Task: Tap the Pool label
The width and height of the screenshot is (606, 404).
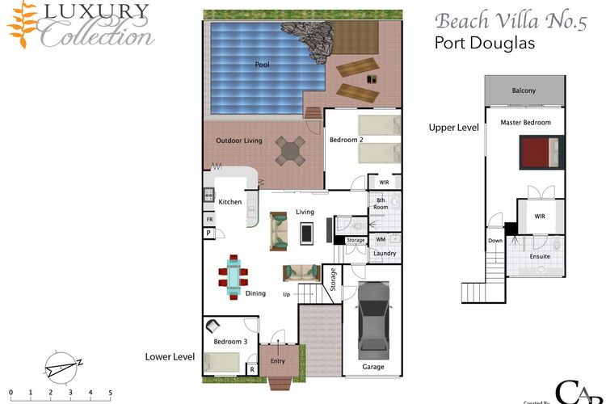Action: pos(263,65)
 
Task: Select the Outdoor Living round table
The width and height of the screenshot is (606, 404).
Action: pos(291,149)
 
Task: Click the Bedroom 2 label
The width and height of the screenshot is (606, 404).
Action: pos(346,141)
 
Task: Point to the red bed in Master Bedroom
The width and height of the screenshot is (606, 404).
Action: pos(538,151)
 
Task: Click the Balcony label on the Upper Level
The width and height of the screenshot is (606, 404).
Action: pos(524,90)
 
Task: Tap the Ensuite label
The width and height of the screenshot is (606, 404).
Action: pos(539,256)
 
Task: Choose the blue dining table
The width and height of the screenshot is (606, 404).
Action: pos(234,272)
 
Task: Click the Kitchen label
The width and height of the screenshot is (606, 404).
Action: pos(229,201)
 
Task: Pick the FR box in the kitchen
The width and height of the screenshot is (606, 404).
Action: pos(209,219)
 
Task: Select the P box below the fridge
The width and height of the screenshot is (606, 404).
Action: pos(208,233)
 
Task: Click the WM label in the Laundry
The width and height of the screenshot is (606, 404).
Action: pos(381,239)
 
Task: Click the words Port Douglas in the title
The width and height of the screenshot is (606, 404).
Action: pos(485,44)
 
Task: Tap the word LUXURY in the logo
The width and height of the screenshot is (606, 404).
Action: pos(93,12)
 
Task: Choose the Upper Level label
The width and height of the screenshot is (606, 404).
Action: pos(453,128)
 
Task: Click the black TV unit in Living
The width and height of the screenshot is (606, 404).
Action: pos(307,234)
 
